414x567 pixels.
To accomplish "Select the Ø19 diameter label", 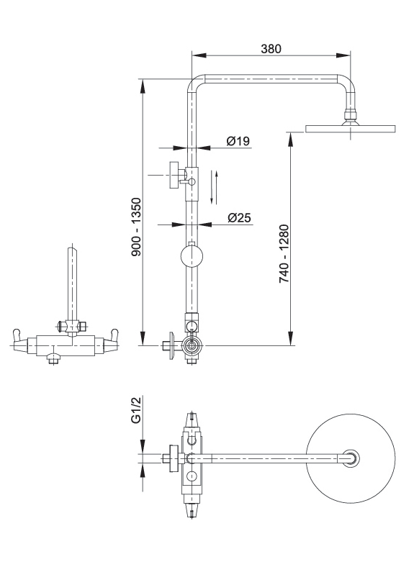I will point(238,141).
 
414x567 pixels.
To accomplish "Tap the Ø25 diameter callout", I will point(239,217).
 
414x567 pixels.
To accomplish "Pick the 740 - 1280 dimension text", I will point(284,253).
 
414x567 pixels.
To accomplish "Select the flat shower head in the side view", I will point(351,129).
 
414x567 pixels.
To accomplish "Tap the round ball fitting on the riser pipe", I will point(192,258).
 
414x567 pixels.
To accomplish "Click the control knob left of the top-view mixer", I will point(172,458).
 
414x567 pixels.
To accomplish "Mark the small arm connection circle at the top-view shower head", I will point(351,458).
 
